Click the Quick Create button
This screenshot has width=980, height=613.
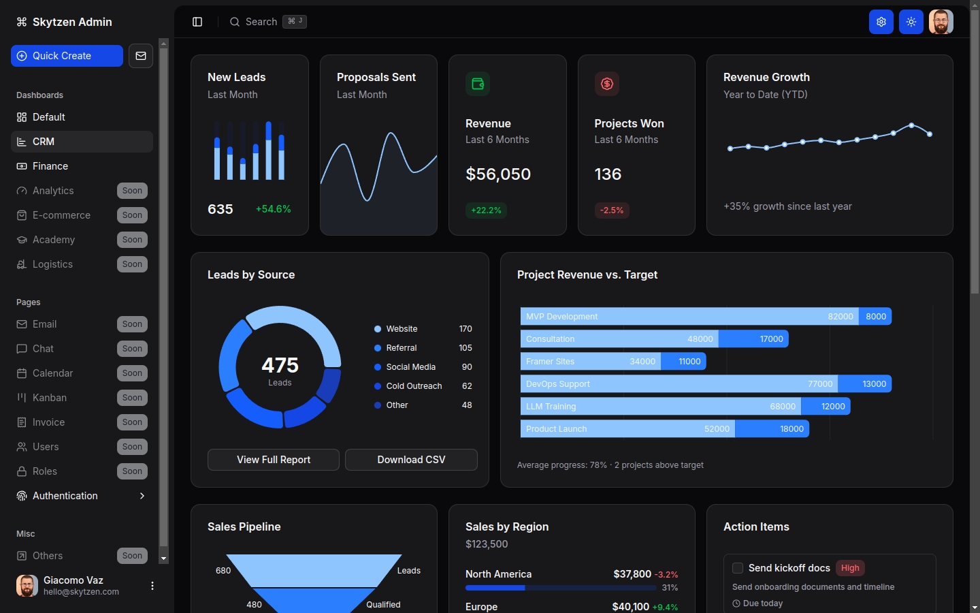pos(67,56)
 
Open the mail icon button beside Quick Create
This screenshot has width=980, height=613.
pos(141,56)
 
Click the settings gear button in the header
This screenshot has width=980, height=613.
pos(881,22)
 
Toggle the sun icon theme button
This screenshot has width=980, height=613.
pos(911,22)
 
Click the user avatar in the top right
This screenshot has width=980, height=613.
pos(941,22)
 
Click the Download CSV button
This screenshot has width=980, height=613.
pos(411,460)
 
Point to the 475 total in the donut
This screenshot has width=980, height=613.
pos(280,366)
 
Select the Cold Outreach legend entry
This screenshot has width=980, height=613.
pos(414,386)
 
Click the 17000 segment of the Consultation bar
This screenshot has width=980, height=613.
pos(753,339)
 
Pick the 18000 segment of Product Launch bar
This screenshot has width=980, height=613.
pos(772,429)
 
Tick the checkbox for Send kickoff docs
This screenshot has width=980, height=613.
pos(738,568)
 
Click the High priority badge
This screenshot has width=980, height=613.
pos(850,568)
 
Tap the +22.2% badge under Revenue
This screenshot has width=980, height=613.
pos(486,210)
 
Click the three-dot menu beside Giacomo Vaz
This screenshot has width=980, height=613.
pos(152,586)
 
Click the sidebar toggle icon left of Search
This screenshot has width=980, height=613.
pos(197,22)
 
